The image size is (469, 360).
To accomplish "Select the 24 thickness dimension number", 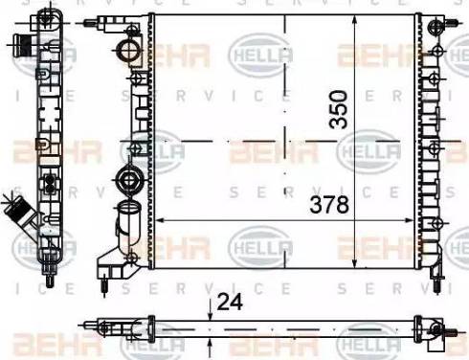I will (x=230, y=303).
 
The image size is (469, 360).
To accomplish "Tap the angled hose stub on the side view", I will (x=16, y=213).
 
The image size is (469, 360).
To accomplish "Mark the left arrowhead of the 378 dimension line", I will (x=158, y=219).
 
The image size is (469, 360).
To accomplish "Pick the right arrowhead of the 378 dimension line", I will (x=413, y=219).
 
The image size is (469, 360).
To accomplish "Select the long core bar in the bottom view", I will (x=268, y=329).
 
